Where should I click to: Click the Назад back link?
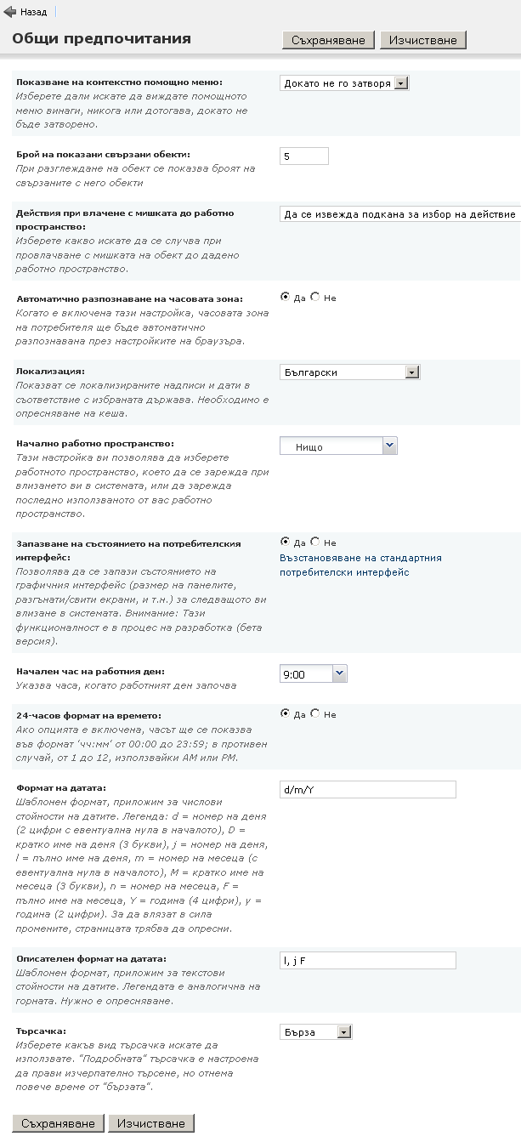click(26, 13)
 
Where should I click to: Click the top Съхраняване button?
click(329, 40)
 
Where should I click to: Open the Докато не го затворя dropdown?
click(345, 83)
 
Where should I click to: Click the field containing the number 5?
click(303, 156)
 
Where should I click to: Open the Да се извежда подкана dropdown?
click(399, 214)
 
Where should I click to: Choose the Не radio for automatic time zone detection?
click(315, 297)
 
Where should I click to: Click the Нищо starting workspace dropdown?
click(338, 446)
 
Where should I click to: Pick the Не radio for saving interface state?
click(315, 542)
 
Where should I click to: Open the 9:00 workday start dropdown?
click(314, 674)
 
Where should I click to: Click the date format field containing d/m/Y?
click(367, 790)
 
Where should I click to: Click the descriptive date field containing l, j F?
click(367, 960)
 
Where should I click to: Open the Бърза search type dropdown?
click(315, 1032)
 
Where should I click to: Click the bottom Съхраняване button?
click(59, 1123)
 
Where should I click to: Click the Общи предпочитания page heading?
click(101, 38)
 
